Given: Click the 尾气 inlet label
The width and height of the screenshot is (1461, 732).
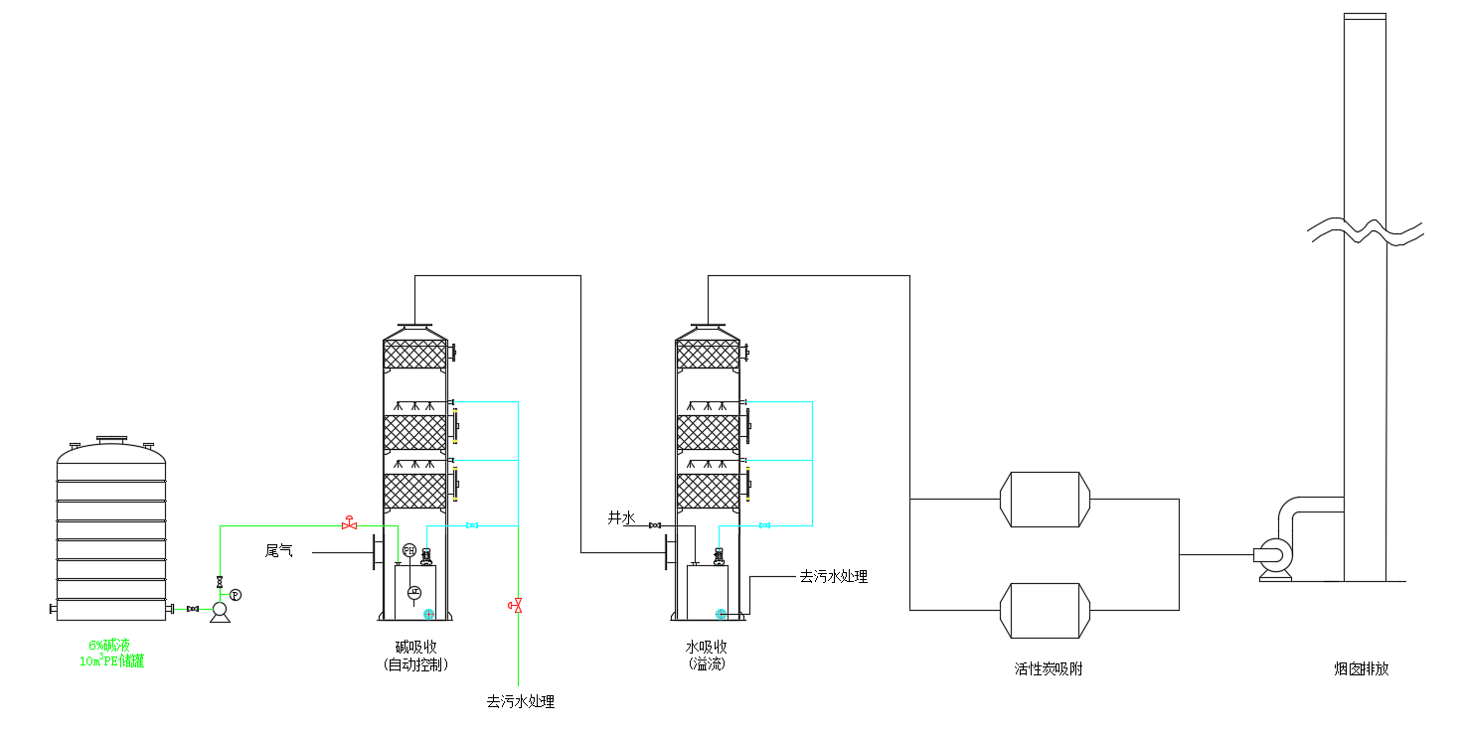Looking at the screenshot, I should [x=278, y=550].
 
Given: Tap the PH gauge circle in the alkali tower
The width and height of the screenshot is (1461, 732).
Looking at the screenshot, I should [x=408, y=550].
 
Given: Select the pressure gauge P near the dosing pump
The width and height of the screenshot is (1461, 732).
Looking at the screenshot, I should [x=236, y=594].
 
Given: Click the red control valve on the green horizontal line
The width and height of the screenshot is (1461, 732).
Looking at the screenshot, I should [x=349, y=523].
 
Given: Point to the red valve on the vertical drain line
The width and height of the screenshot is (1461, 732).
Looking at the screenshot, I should [x=516, y=604].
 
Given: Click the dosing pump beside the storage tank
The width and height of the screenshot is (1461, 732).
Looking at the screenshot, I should [x=220, y=613].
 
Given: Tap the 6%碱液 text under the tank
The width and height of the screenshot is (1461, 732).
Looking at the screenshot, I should [x=111, y=646].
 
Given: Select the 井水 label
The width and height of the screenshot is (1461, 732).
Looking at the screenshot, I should [x=621, y=517].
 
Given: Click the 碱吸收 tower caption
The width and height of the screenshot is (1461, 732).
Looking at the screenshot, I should [x=414, y=648].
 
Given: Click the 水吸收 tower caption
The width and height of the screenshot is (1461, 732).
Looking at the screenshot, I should [x=707, y=647].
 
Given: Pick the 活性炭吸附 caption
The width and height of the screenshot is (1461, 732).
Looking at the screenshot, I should [x=1048, y=669].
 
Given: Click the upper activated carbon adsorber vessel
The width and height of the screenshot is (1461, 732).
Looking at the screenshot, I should [x=1045, y=500].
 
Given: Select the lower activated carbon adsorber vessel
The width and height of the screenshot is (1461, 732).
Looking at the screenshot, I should [x=1045, y=610].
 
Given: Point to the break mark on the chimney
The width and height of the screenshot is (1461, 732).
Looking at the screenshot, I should [x=1365, y=231].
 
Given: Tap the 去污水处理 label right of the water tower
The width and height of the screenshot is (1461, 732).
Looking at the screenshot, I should [x=833, y=576].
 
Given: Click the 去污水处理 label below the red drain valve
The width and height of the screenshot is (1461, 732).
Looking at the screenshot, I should [x=520, y=701].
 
